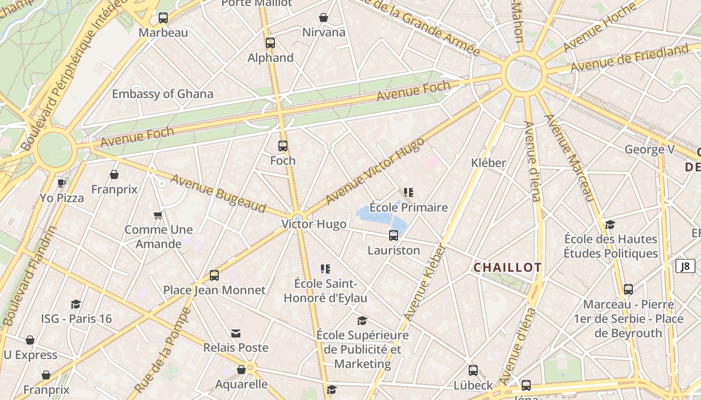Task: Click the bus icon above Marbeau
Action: tap(163, 18)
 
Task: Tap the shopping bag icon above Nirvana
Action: tap(324, 17)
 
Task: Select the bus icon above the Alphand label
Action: tap(270, 43)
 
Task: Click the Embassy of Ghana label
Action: tap(162, 94)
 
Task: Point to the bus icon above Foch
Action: tap(283, 146)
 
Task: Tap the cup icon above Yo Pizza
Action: tap(62, 183)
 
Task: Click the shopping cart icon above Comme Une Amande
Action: tap(158, 215)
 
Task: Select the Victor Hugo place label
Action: tap(314, 224)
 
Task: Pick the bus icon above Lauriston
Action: tap(394, 235)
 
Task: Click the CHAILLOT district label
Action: tap(507, 267)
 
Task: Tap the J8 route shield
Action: tap(685, 266)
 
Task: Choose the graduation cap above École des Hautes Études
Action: tap(610, 225)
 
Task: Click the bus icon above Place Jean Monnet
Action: tap(214, 275)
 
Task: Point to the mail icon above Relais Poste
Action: tap(236, 333)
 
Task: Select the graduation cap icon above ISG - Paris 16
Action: tap(76, 304)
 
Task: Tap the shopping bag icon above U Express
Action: tap(30, 340)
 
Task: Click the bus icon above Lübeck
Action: tap(473, 371)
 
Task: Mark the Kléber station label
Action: tap(489, 162)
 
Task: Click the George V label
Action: tap(649, 149)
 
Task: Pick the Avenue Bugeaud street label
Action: tap(218, 193)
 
